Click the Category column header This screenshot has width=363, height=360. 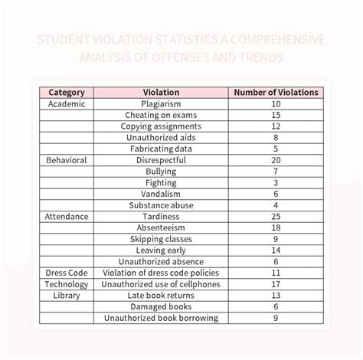tap(66, 92)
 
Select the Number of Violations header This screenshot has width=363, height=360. tap(276, 92)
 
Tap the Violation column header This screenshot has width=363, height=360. tap(161, 92)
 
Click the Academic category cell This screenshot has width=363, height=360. tap(66, 103)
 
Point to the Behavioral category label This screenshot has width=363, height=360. tap(66, 160)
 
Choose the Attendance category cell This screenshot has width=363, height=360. tap(66, 217)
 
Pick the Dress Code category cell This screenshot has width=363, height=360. tap(66, 273)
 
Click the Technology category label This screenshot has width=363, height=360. tap(66, 284)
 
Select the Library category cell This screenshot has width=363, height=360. tap(66, 296)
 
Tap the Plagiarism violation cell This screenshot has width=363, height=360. tap(161, 103)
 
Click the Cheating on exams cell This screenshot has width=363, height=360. tap(161, 115)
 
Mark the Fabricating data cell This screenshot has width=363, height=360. tap(161, 149)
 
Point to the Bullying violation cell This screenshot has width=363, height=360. tap(161, 172)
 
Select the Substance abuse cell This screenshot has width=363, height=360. tap(161, 205)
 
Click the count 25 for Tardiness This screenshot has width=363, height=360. tap(276, 217)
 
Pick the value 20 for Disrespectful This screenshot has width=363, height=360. tap(276, 160)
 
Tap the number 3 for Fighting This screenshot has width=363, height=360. tap(276, 183)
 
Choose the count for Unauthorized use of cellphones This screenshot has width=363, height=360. tap(276, 284)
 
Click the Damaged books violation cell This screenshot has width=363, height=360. tap(161, 306)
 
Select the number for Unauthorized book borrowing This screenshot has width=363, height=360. tap(276, 318)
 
